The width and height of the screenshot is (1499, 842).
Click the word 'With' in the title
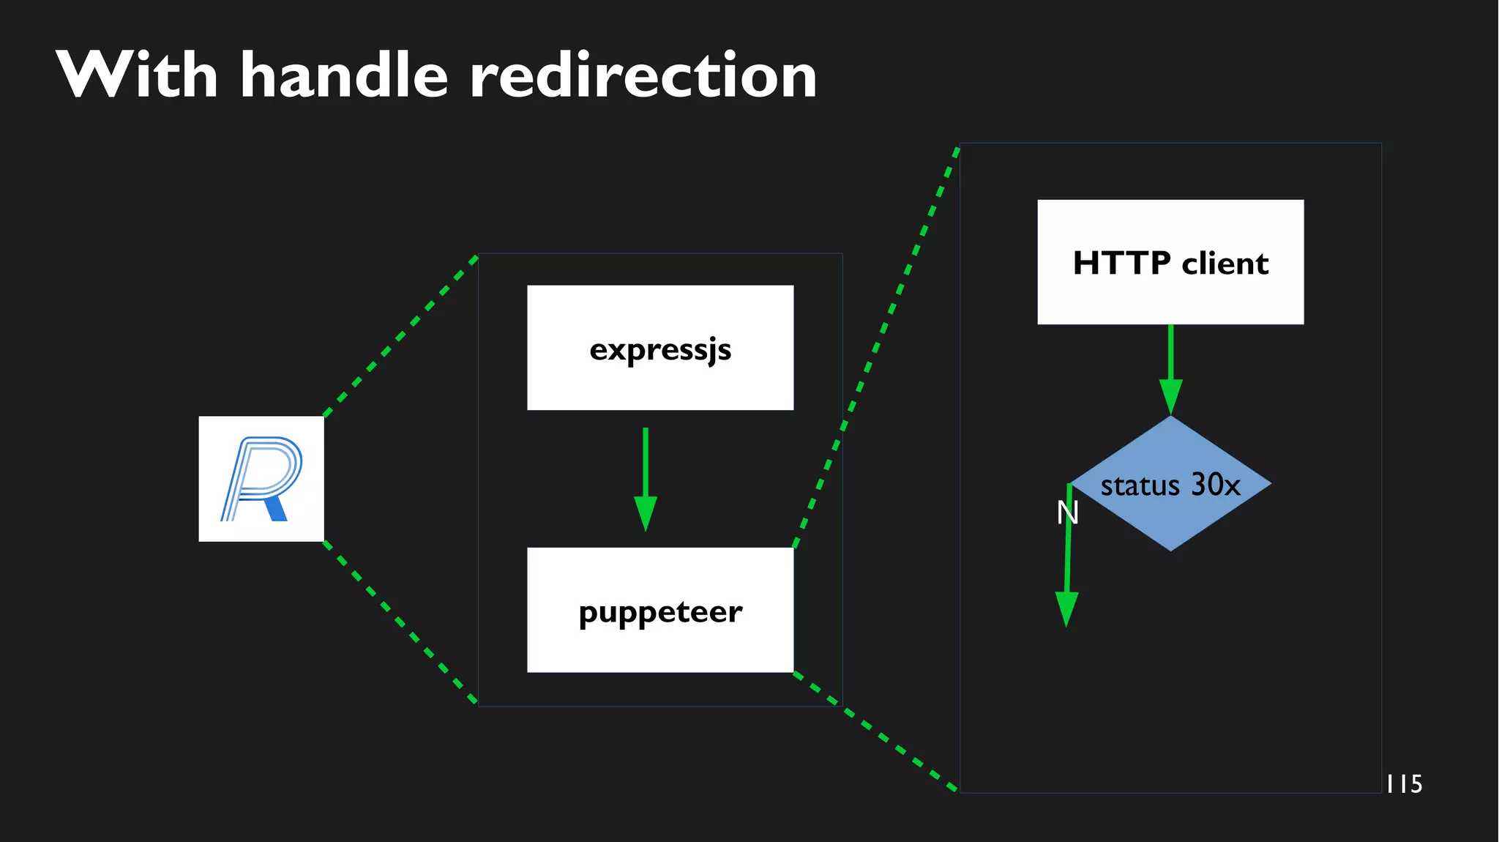coord(137,75)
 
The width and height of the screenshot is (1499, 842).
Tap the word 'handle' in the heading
coord(344,75)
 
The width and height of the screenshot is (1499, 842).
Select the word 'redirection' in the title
coord(643,75)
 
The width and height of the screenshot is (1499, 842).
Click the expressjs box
coord(660,348)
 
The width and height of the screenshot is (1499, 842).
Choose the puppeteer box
coord(660,610)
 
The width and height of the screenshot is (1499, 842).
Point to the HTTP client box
coord(1170,262)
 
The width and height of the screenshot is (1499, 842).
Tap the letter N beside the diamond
coord(1068,513)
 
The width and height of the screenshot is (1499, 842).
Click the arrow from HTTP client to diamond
coord(1170,366)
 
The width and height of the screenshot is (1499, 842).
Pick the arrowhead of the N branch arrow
coord(1066,608)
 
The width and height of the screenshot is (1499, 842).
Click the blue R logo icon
coord(261,479)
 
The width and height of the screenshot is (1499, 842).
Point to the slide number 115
coord(1405,784)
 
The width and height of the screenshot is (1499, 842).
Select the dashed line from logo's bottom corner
coord(400,622)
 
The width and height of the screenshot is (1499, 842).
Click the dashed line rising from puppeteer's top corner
coord(875,348)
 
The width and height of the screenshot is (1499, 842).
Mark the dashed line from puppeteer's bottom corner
coord(875,731)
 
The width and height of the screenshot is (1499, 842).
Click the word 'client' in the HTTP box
coord(1225,263)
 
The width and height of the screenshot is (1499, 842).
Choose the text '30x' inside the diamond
coord(1216,485)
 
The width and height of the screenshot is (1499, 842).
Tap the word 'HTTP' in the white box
coord(1121,263)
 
